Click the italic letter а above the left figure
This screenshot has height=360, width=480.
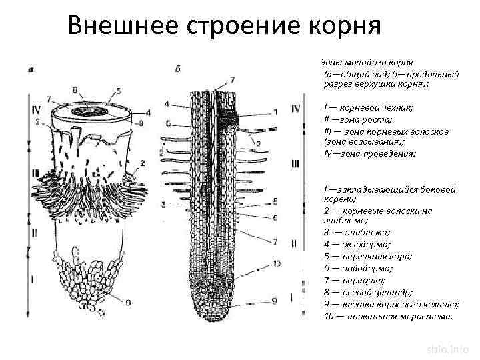point(32,69)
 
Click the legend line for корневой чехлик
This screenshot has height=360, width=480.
point(368,108)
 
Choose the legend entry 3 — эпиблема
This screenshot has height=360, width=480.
point(357,233)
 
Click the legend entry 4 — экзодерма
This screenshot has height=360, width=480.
point(359,245)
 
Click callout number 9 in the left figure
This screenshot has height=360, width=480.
point(129,301)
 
